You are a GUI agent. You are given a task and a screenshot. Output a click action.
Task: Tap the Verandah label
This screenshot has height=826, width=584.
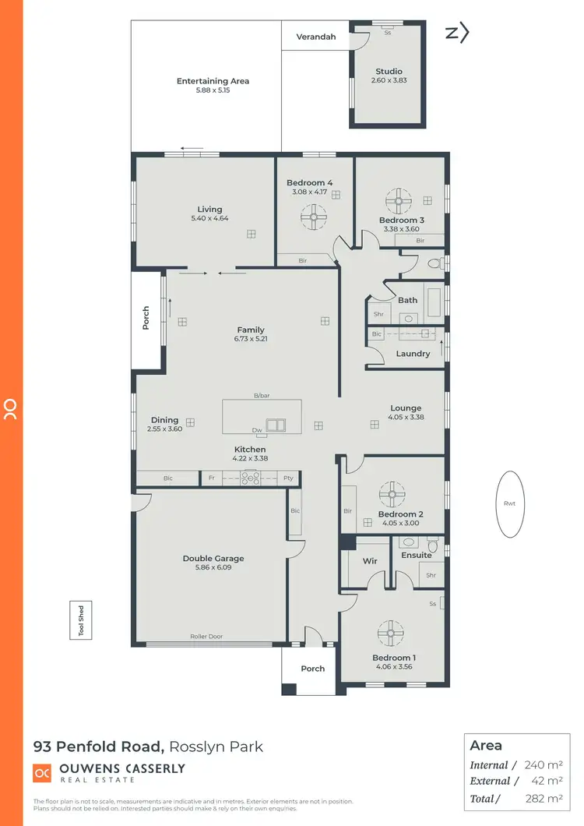coord(315,37)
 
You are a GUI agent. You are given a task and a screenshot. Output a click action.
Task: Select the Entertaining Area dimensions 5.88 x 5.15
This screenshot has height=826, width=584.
coord(213,90)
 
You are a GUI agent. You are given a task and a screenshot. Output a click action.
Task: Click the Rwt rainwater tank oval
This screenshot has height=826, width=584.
coord(510,503)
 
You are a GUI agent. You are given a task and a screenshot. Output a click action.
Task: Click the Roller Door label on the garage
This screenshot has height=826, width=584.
coord(206,637)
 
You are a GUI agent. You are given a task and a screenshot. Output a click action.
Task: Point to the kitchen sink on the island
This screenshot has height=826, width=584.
coord(275,425)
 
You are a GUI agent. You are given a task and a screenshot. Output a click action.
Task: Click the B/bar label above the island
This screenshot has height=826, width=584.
coord(262,396)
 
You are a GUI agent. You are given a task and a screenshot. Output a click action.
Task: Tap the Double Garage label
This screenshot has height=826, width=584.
coord(213,558)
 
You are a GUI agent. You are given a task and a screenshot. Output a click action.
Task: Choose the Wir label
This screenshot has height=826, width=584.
coord(371,561)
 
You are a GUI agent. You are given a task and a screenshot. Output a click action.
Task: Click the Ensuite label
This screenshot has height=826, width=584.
coord(417,556)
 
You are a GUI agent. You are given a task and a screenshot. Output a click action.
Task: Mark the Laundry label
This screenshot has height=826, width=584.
coord(413,354)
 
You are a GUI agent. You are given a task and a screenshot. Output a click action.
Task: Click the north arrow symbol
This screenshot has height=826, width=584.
coord(457,33)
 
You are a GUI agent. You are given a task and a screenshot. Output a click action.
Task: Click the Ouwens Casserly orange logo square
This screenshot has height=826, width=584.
coord(41,772)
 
